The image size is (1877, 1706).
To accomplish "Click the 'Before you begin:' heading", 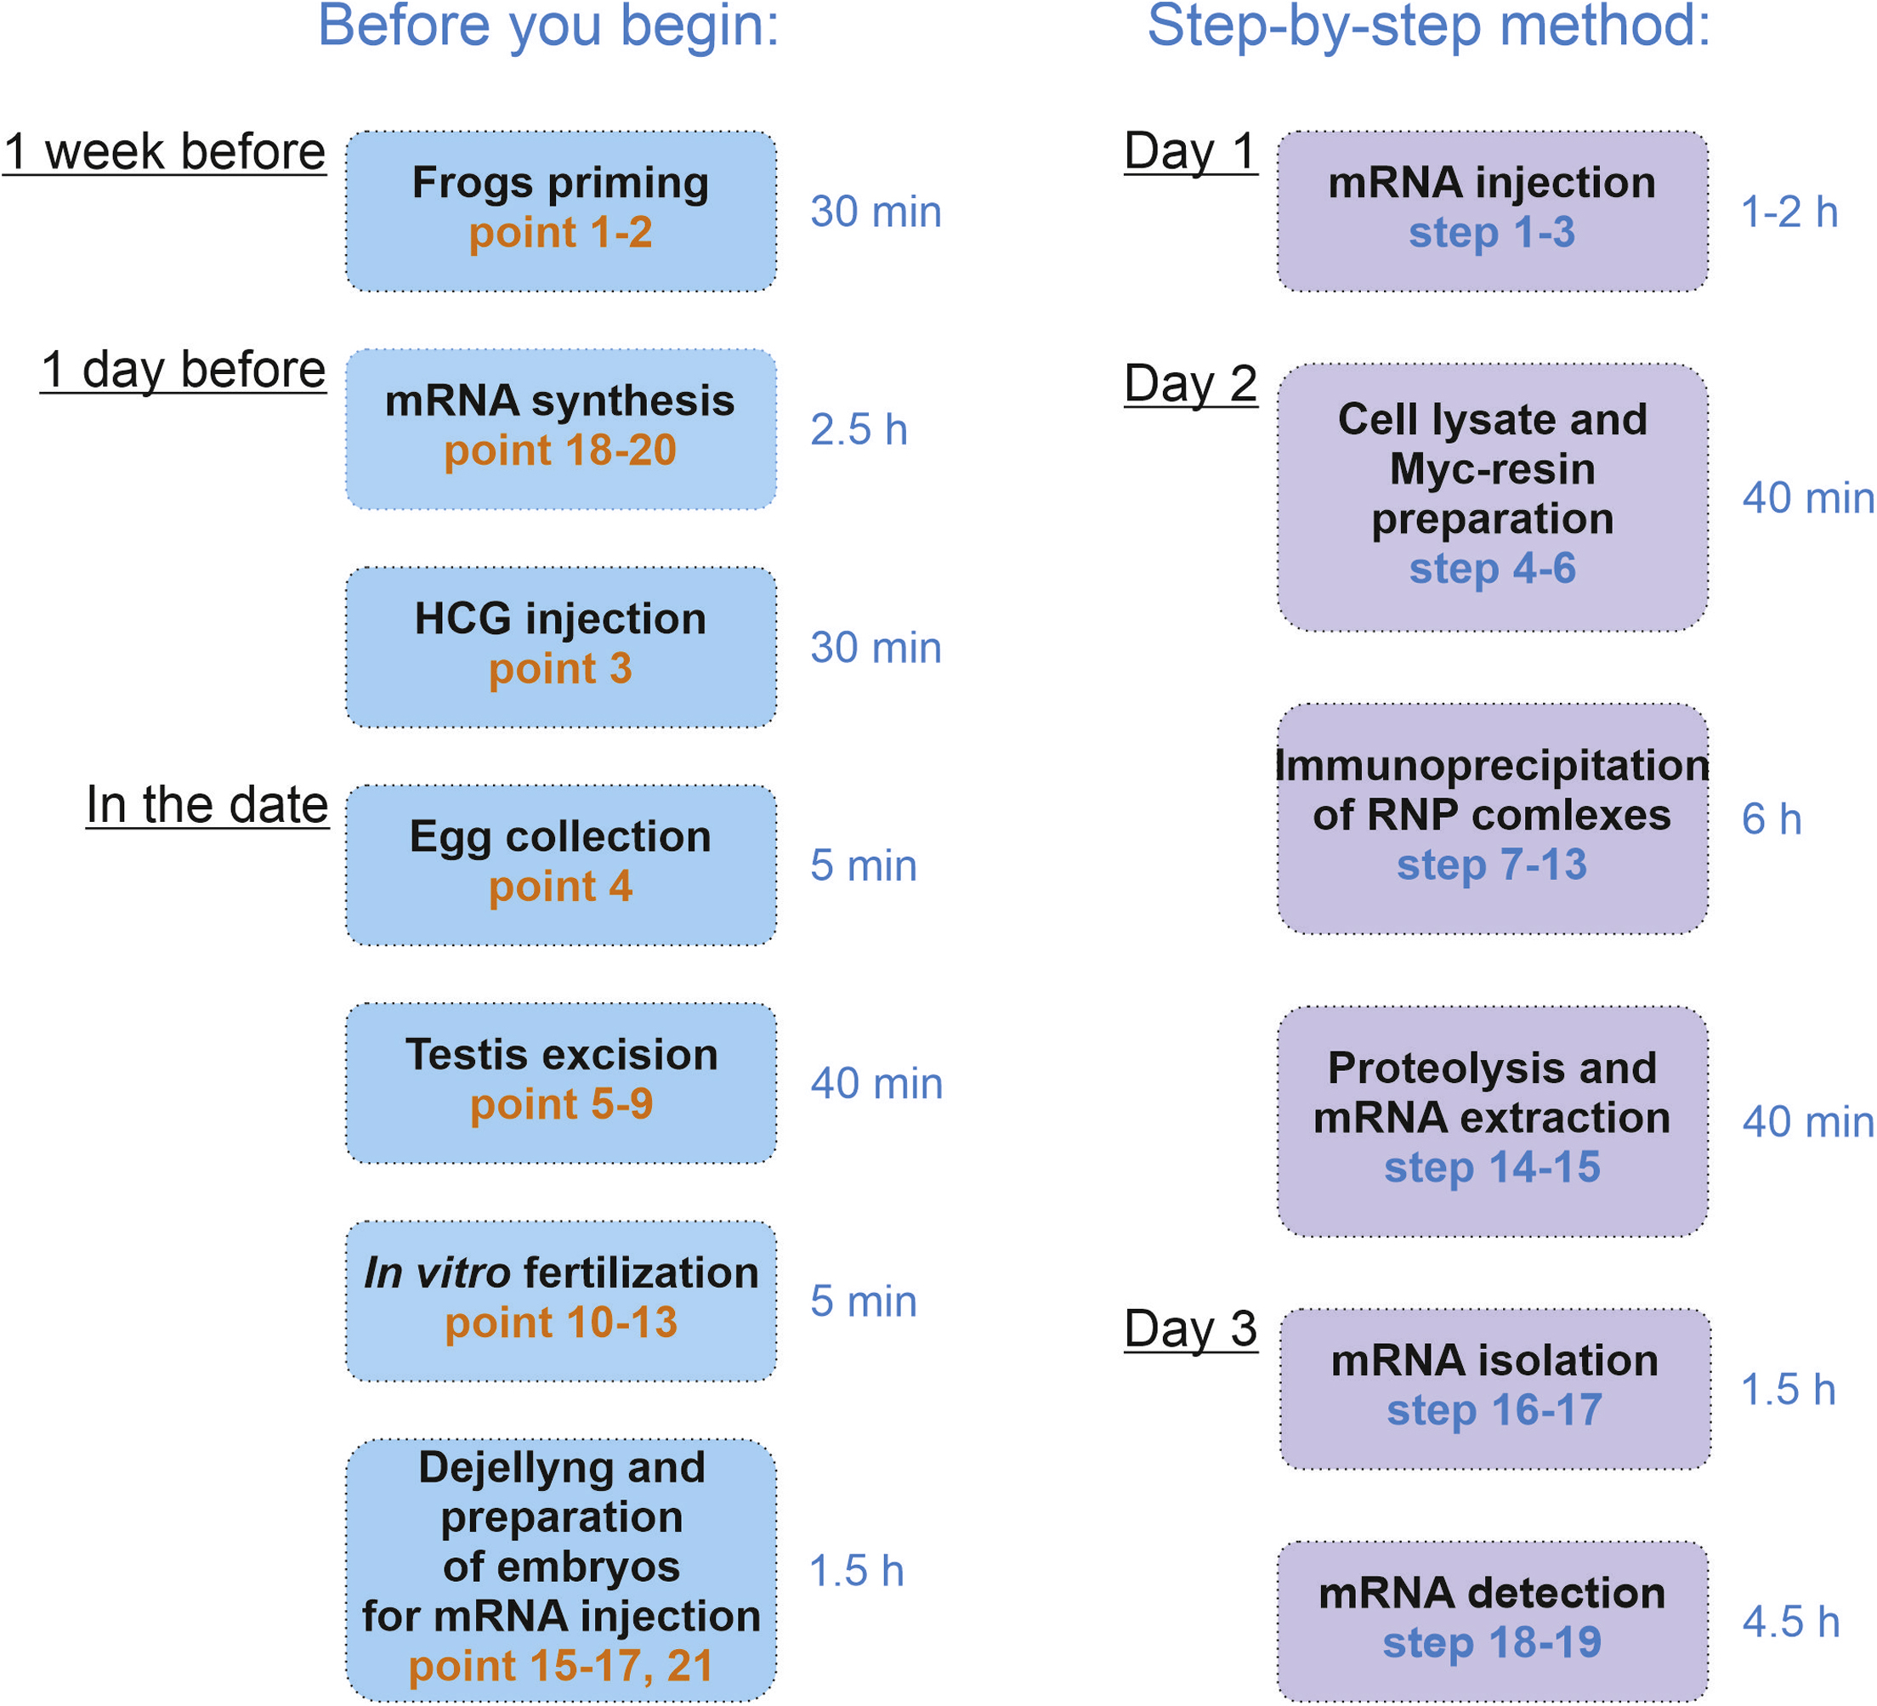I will pos(548,26).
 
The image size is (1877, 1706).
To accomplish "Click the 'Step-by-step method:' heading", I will pos(1428,26).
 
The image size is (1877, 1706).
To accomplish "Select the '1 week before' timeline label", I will pos(165,152).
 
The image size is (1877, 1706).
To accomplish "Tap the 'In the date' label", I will pos(207,805).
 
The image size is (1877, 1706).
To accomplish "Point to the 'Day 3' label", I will pos(1190,1329).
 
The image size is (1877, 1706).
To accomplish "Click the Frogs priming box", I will pos(560,211).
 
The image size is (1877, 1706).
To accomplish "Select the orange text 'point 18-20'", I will pos(559,451).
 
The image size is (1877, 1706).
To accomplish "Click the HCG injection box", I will pos(560,646).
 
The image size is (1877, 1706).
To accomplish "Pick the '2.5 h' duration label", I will pos(858,430).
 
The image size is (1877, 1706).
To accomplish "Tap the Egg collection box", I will pos(560,864).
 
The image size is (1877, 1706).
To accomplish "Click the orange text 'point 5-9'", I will pos(561,1104).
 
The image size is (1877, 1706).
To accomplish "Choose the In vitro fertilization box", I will pos(560,1300).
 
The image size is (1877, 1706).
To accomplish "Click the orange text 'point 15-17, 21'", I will pos(560,1666).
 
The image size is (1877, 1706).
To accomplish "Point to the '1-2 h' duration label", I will pos(1789,213).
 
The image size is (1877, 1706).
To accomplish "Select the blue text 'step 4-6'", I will pos(1492,569).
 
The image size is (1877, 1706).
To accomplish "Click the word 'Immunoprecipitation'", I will pos(1492,766).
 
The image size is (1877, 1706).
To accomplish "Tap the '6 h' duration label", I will pos(1771,819).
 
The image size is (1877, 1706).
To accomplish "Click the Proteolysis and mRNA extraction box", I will pos(1492,1120).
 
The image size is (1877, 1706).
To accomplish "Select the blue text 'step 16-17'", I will pos(1494,1410).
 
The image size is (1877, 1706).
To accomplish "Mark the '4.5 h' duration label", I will pos(1790,1622).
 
